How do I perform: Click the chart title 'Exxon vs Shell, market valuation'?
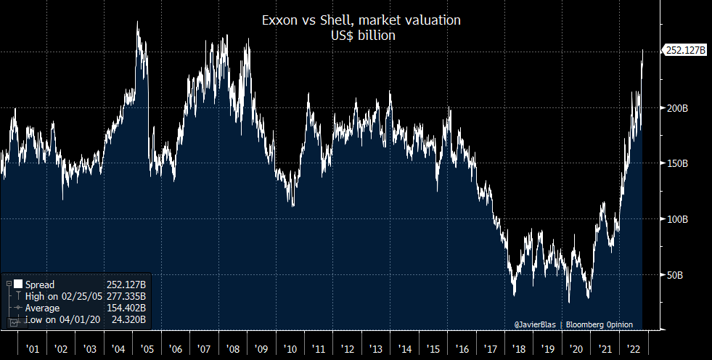(x=361, y=20)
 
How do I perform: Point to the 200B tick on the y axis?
(x=676, y=107)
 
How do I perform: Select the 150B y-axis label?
(x=676, y=163)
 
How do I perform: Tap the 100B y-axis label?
(x=676, y=219)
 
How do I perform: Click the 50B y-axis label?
(x=675, y=275)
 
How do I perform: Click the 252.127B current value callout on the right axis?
(x=686, y=51)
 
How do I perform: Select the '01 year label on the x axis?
(x=33, y=348)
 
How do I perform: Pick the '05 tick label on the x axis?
(x=147, y=348)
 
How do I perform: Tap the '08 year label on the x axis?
(x=232, y=348)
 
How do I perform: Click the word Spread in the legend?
(x=39, y=285)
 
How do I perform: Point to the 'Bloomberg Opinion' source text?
(x=600, y=324)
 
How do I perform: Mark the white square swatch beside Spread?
(x=17, y=285)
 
